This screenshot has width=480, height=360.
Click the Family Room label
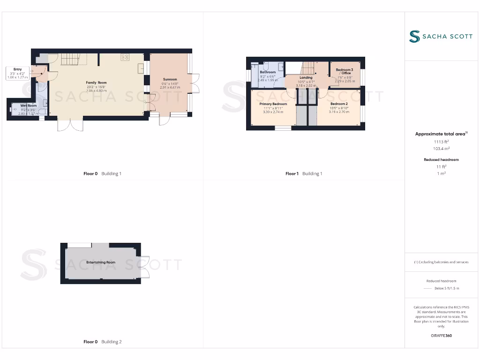point(96,82)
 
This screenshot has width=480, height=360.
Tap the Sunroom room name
point(170,79)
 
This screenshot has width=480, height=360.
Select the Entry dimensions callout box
point(18,73)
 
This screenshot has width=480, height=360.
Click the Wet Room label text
point(28,106)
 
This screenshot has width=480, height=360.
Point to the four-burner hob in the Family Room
point(125,57)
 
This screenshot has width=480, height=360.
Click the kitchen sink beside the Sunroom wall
point(141,68)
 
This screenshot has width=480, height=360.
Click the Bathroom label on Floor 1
point(268,72)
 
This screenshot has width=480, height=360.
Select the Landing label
point(306,78)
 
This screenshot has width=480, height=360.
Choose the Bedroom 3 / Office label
point(345,71)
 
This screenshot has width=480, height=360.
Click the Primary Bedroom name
point(273,104)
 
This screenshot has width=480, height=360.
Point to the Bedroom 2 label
point(338,104)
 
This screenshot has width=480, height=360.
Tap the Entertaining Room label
point(101,262)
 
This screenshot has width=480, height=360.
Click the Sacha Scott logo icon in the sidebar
point(414,37)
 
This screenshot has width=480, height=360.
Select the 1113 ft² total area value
point(442,141)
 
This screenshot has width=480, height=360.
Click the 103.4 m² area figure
point(442,148)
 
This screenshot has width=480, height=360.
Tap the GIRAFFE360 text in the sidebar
point(441,336)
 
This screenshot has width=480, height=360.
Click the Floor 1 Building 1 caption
point(304,173)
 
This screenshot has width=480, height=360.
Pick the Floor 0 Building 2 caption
point(102,342)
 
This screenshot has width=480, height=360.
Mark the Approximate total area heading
point(441,134)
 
